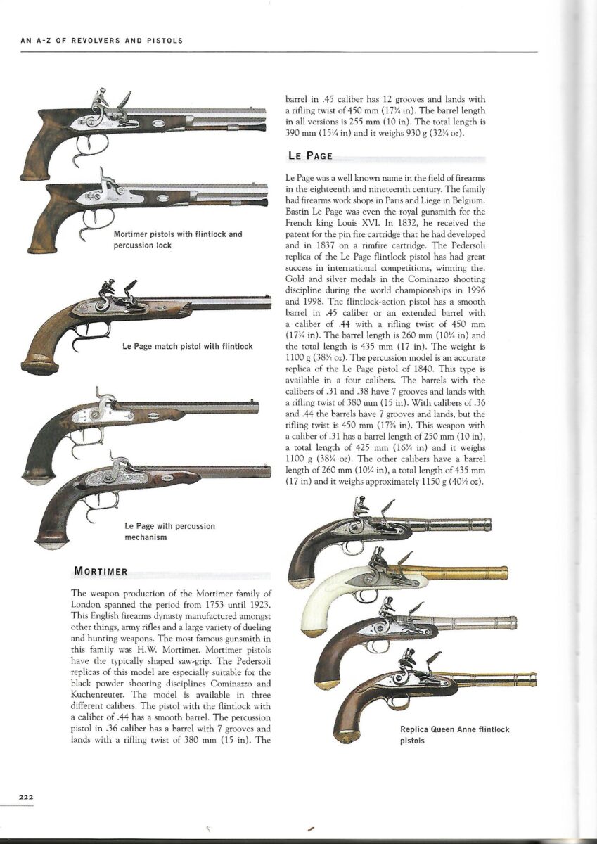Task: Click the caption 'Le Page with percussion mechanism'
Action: (169, 531)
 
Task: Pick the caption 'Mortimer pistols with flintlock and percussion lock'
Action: (177, 239)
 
